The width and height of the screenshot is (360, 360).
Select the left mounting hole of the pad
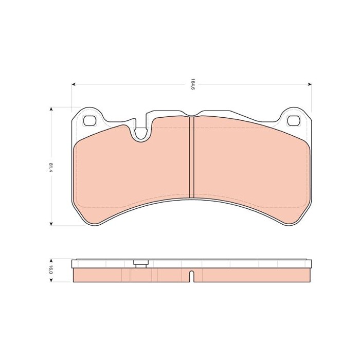pos(89,120)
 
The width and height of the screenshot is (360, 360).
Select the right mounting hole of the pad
pos(294,120)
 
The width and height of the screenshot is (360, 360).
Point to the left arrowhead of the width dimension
pos(74,84)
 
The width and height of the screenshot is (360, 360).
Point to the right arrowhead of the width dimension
pos(310,84)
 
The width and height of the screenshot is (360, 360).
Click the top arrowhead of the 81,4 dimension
pos(51,109)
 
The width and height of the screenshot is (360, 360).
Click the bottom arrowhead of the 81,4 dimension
pos(51,223)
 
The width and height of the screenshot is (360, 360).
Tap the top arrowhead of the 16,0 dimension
pos(51,261)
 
